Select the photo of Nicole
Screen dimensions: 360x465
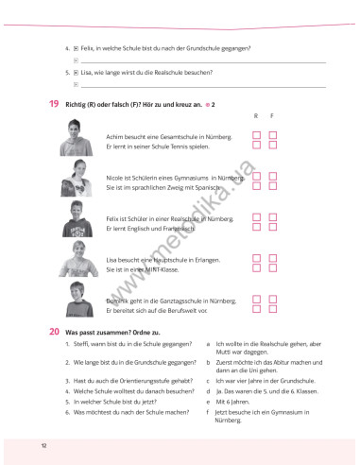tap(77, 181)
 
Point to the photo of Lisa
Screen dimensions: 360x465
tap(77, 262)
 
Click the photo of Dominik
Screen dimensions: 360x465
tap(77, 301)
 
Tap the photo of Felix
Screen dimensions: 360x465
tap(77, 221)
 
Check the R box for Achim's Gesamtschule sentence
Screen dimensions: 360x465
tap(255, 136)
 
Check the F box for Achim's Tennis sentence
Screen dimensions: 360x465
tap(272, 146)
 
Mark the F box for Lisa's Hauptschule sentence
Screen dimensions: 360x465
tap(272, 256)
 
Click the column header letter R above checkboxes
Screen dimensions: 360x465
tap(255, 116)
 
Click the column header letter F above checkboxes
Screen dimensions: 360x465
tap(272, 116)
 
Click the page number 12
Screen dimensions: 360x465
tap(43, 444)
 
